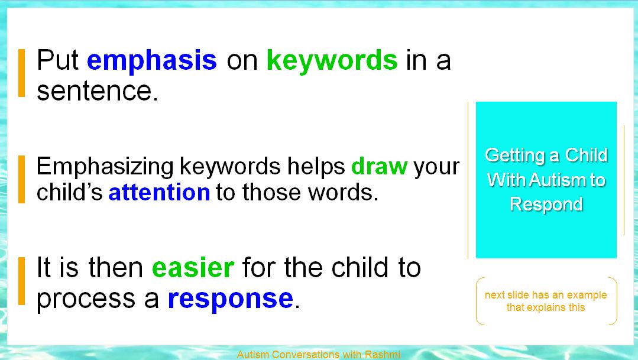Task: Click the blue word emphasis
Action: (x=152, y=61)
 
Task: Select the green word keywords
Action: (x=332, y=61)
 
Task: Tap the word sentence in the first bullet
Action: (x=97, y=90)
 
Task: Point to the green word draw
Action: (x=379, y=166)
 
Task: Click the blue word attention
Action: (x=159, y=192)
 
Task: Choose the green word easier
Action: (x=193, y=268)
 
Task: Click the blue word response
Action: (x=230, y=299)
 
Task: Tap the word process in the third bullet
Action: (x=86, y=300)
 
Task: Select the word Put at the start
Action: (x=57, y=60)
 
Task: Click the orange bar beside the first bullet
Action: (x=21, y=73)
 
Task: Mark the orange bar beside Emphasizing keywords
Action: (x=21, y=179)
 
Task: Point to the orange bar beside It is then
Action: (x=21, y=281)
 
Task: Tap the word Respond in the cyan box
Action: (x=546, y=204)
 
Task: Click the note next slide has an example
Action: (x=546, y=301)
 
